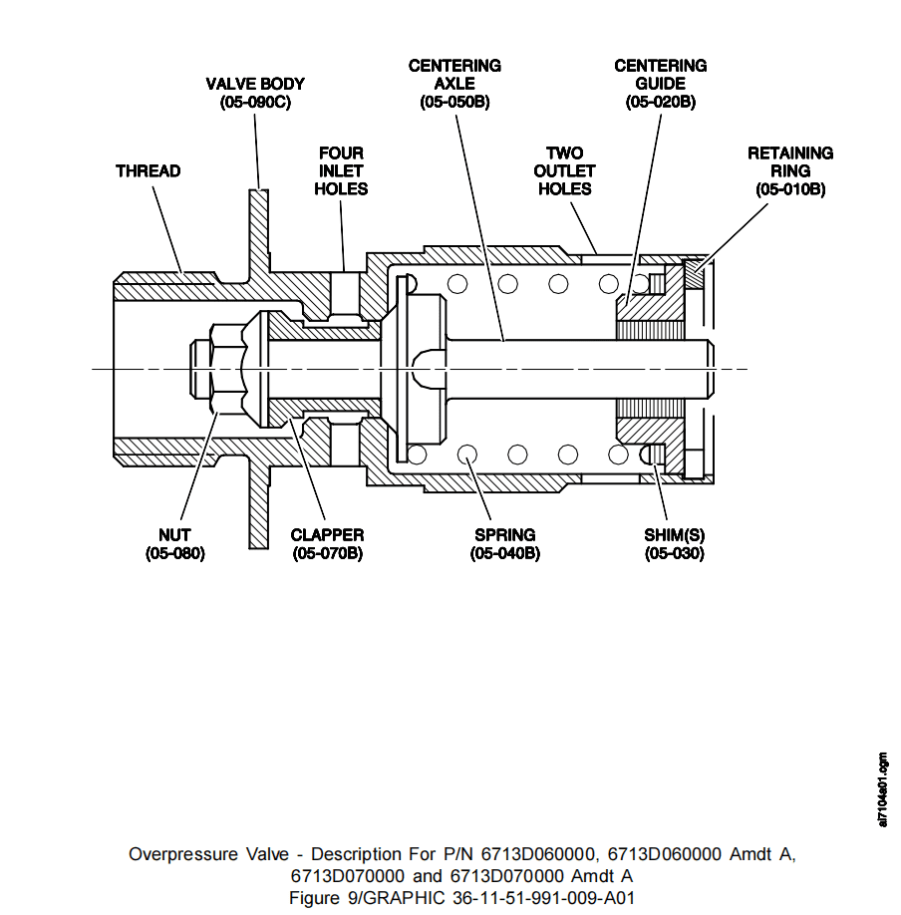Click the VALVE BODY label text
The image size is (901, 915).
coord(255,84)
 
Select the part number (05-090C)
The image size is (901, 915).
coord(255,102)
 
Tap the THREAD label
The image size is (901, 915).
coord(149,171)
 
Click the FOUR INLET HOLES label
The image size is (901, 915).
coord(341,171)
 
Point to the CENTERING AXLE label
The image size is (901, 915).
coord(454,75)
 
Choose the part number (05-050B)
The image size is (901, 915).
coord(454,102)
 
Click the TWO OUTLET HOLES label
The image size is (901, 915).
coord(564,171)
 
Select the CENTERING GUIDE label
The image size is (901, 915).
coord(661,75)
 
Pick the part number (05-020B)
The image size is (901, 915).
coord(661,102)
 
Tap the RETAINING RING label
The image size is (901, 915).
coord(790,162)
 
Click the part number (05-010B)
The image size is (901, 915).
coord(790,189)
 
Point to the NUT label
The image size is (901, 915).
coord(174,535)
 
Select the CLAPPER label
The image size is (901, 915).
coord(327,535)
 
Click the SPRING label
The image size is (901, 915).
coord(504,535)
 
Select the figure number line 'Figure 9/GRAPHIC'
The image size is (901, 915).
coord(461,897)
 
